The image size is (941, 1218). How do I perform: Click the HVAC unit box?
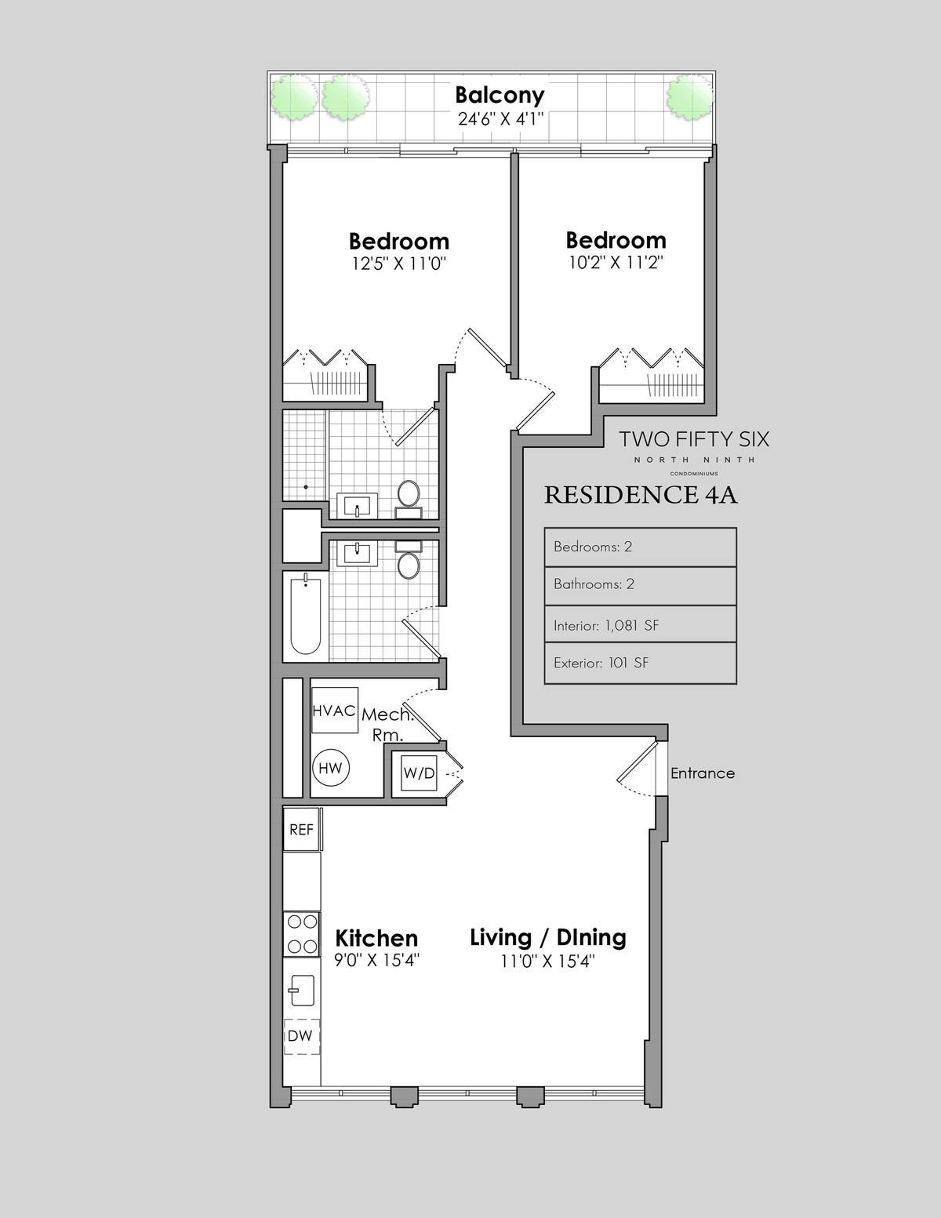(x=335, y=710)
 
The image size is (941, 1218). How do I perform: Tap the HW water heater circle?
(x=330, y=768)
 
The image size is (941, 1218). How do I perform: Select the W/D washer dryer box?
(x=419, y=773)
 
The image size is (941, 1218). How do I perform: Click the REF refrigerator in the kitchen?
(x=302, y=829)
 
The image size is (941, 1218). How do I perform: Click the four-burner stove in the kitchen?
(x=302, y=934)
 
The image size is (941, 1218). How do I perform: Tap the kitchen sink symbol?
(x=302, y=991)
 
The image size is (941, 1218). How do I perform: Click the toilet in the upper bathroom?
(x=409, y=499)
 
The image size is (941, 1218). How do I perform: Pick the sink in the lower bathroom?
(x=357, y=552)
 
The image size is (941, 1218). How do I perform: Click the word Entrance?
(x=703, y=773)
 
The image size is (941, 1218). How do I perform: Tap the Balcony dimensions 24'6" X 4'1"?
(x=500, y=119)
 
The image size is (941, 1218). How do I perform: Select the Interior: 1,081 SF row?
(x=640, y=624)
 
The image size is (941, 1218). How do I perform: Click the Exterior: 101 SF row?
(x=640, y=663)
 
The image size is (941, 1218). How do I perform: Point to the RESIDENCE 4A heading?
(x=641, y=495)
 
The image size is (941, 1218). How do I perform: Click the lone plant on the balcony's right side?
(x=690, y=98)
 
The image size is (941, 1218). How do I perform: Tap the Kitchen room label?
(x=376, y=938)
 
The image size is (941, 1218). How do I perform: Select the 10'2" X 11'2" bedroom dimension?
(x=616, y=262)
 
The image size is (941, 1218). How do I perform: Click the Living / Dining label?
(x=547, y=938)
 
